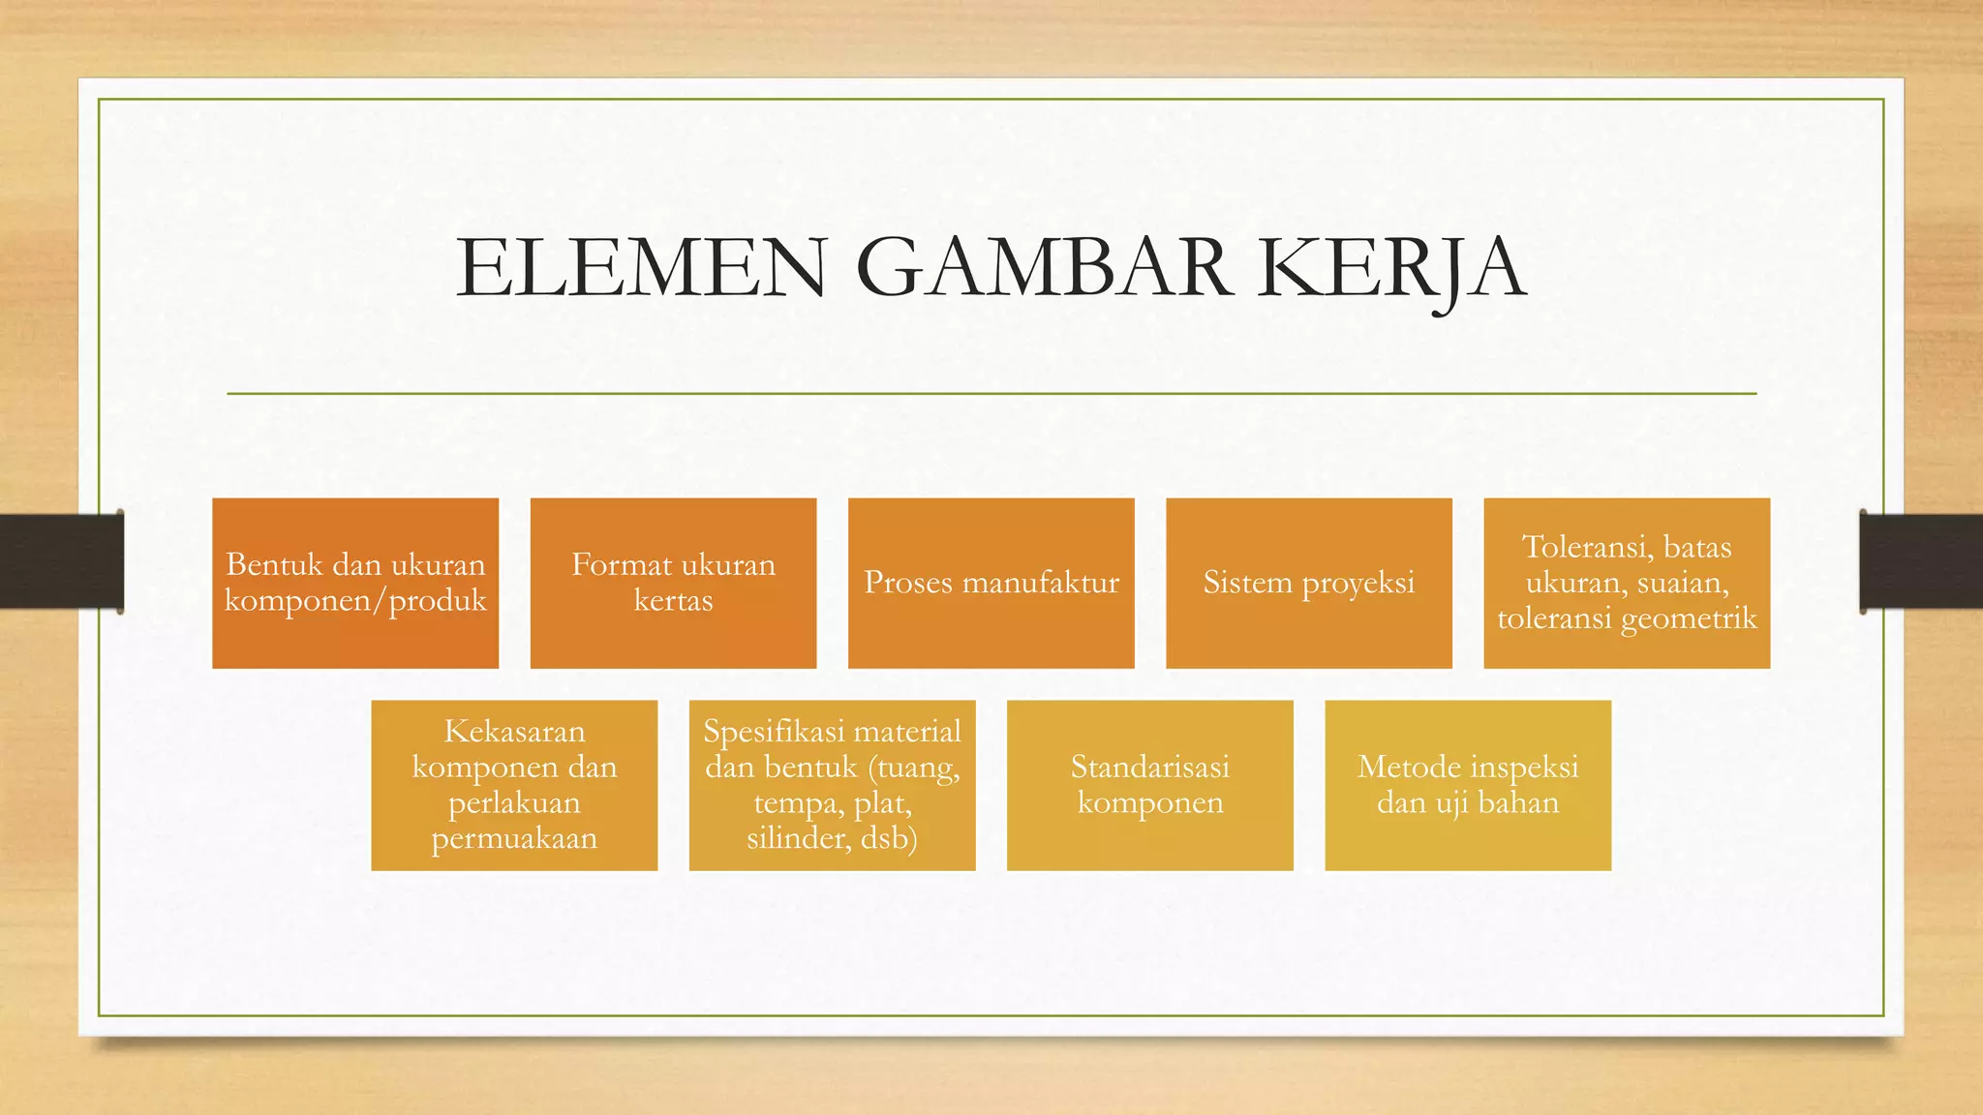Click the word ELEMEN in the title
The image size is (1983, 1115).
pos(641,268)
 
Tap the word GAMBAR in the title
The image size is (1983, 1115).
pos(1045,268)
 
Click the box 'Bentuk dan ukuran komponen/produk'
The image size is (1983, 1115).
pos(355,583)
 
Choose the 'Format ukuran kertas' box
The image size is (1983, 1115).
pos(673,583)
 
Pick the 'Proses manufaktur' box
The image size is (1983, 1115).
pos(991,583)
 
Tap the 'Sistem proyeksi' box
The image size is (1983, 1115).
pos(1309,583)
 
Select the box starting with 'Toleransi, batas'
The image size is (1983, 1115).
pos(1627,583)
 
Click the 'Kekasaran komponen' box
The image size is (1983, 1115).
pos(514,785)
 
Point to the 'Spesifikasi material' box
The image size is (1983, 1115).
pos(832,785)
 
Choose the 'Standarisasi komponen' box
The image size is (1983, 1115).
pos(1150,785)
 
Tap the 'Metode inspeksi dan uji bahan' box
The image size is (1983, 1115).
pos(1468,785)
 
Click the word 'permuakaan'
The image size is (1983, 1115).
pos(514,838)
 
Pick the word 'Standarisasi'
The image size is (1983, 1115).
pos(1150,768)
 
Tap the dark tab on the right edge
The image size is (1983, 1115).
pos(1921,561)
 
